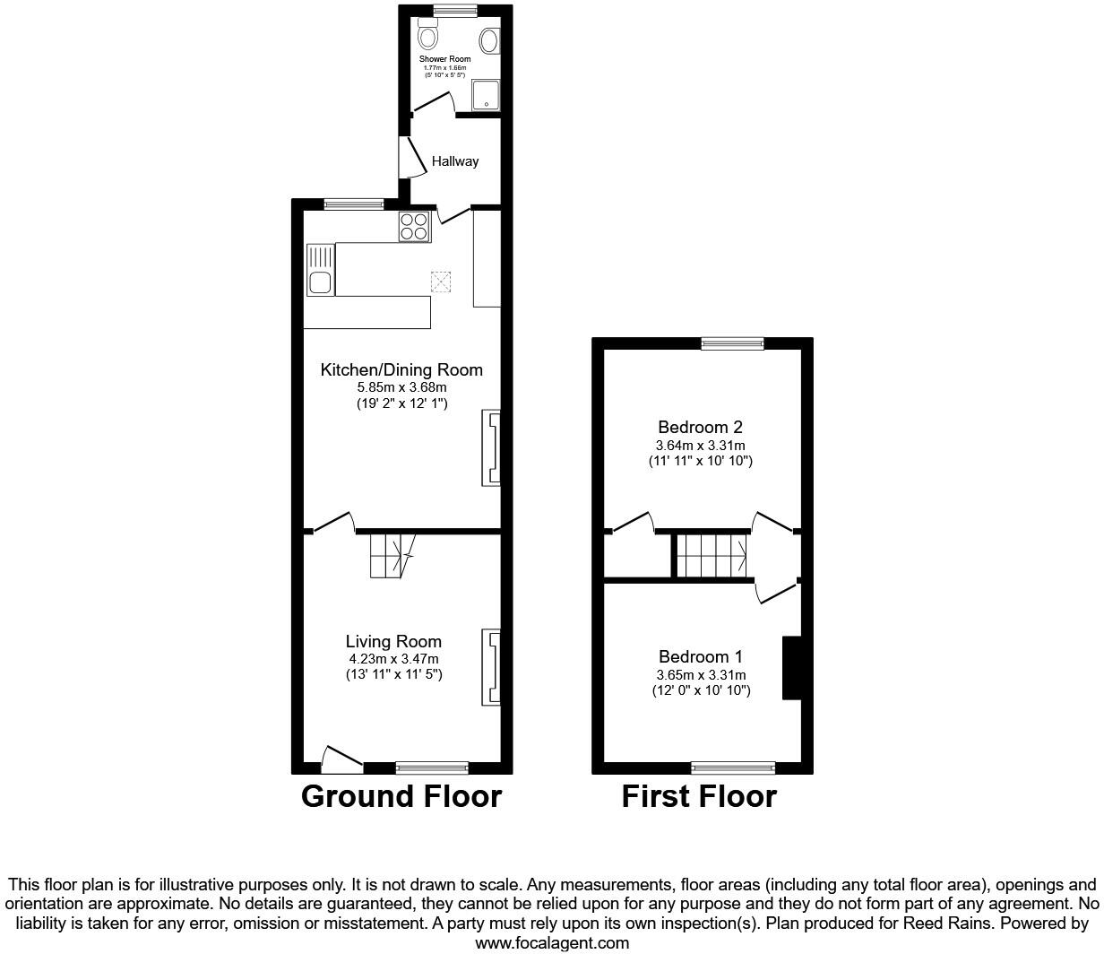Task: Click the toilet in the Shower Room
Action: click(428, 36)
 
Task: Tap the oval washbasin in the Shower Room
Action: click(490, 40)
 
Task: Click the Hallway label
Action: click(455, 161)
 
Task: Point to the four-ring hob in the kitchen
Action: click(414, 226)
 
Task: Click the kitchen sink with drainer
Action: click(320, 270)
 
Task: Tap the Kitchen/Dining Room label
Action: click(401, 369)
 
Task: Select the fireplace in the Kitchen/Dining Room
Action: click(492, 447)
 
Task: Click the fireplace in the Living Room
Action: click(492, 667)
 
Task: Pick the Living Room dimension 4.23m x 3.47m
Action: click(394, 658)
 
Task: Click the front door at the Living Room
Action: click(341, 760)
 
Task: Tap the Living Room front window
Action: click(432, 767)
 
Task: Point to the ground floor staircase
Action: click(392, 555)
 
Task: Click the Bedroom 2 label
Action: click(700, 427)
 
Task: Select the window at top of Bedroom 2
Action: click(732, 343)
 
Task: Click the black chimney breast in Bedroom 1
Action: click(791, 667)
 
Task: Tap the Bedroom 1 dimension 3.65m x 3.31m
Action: click(701, 675)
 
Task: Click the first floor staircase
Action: click(712, 556)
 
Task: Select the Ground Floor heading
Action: click(401, 796)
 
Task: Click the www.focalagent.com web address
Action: click(551, 942)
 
